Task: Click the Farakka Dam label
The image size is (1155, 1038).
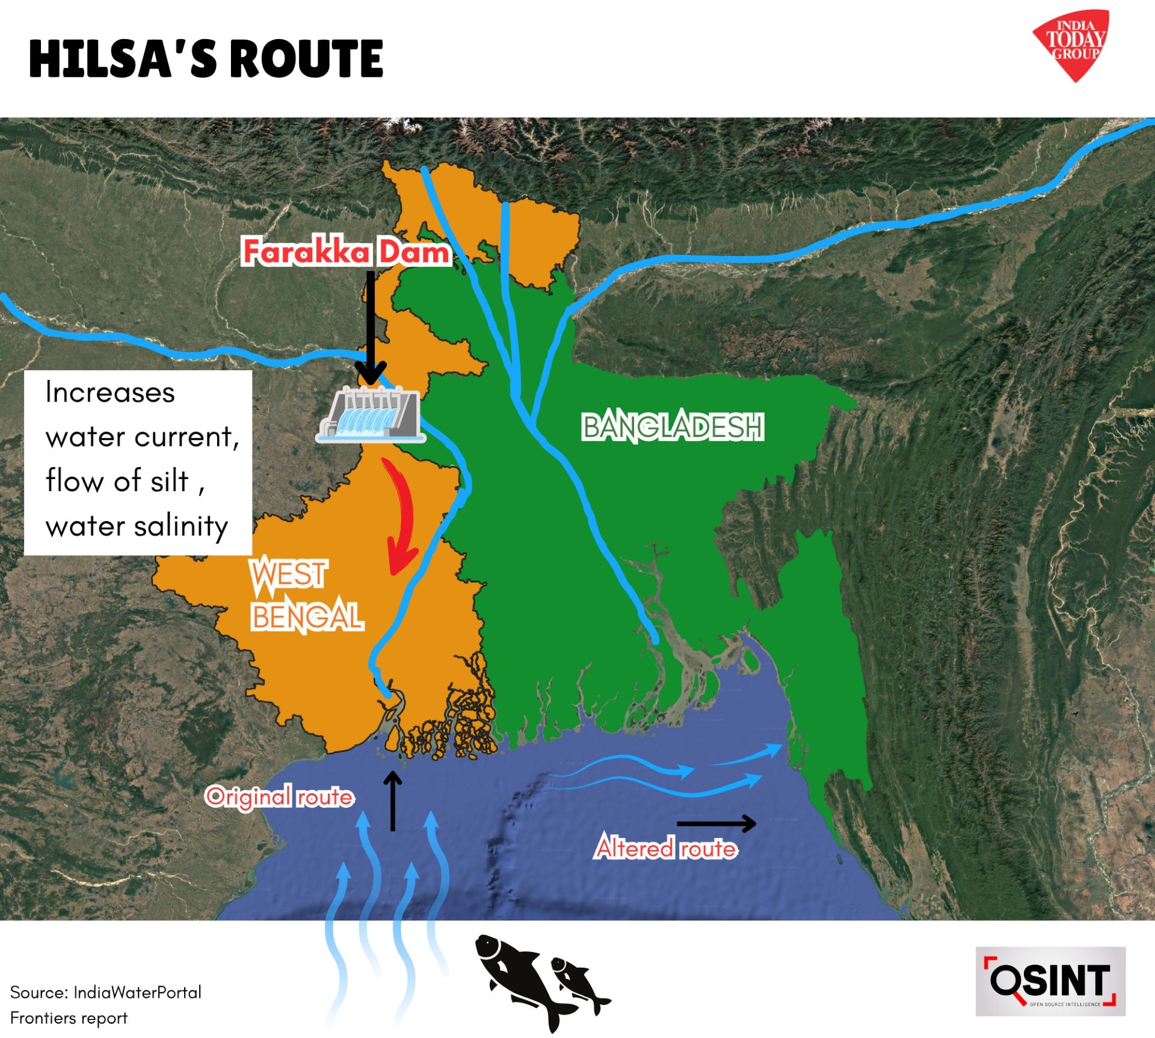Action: (x=346, y=252)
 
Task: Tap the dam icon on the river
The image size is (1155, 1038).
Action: (x=371, y=415)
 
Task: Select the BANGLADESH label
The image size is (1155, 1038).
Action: (x=673, y=427)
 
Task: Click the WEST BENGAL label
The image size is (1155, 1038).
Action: (x=307, y=596)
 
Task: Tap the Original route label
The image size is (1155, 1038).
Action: (x=280, y=796)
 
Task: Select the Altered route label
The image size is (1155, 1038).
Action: (x=666, y=848)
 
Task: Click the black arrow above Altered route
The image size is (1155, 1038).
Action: (x=716, y=823)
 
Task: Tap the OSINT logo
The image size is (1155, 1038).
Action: (x=1050, y=982)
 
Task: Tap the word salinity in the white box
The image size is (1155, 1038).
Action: (x=181, y=527)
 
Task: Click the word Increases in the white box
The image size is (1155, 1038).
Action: (x=110, y=392)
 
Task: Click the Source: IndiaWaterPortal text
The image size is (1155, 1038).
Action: (x=106, y=992)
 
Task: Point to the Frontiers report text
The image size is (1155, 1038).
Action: (x=69, y=1018)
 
